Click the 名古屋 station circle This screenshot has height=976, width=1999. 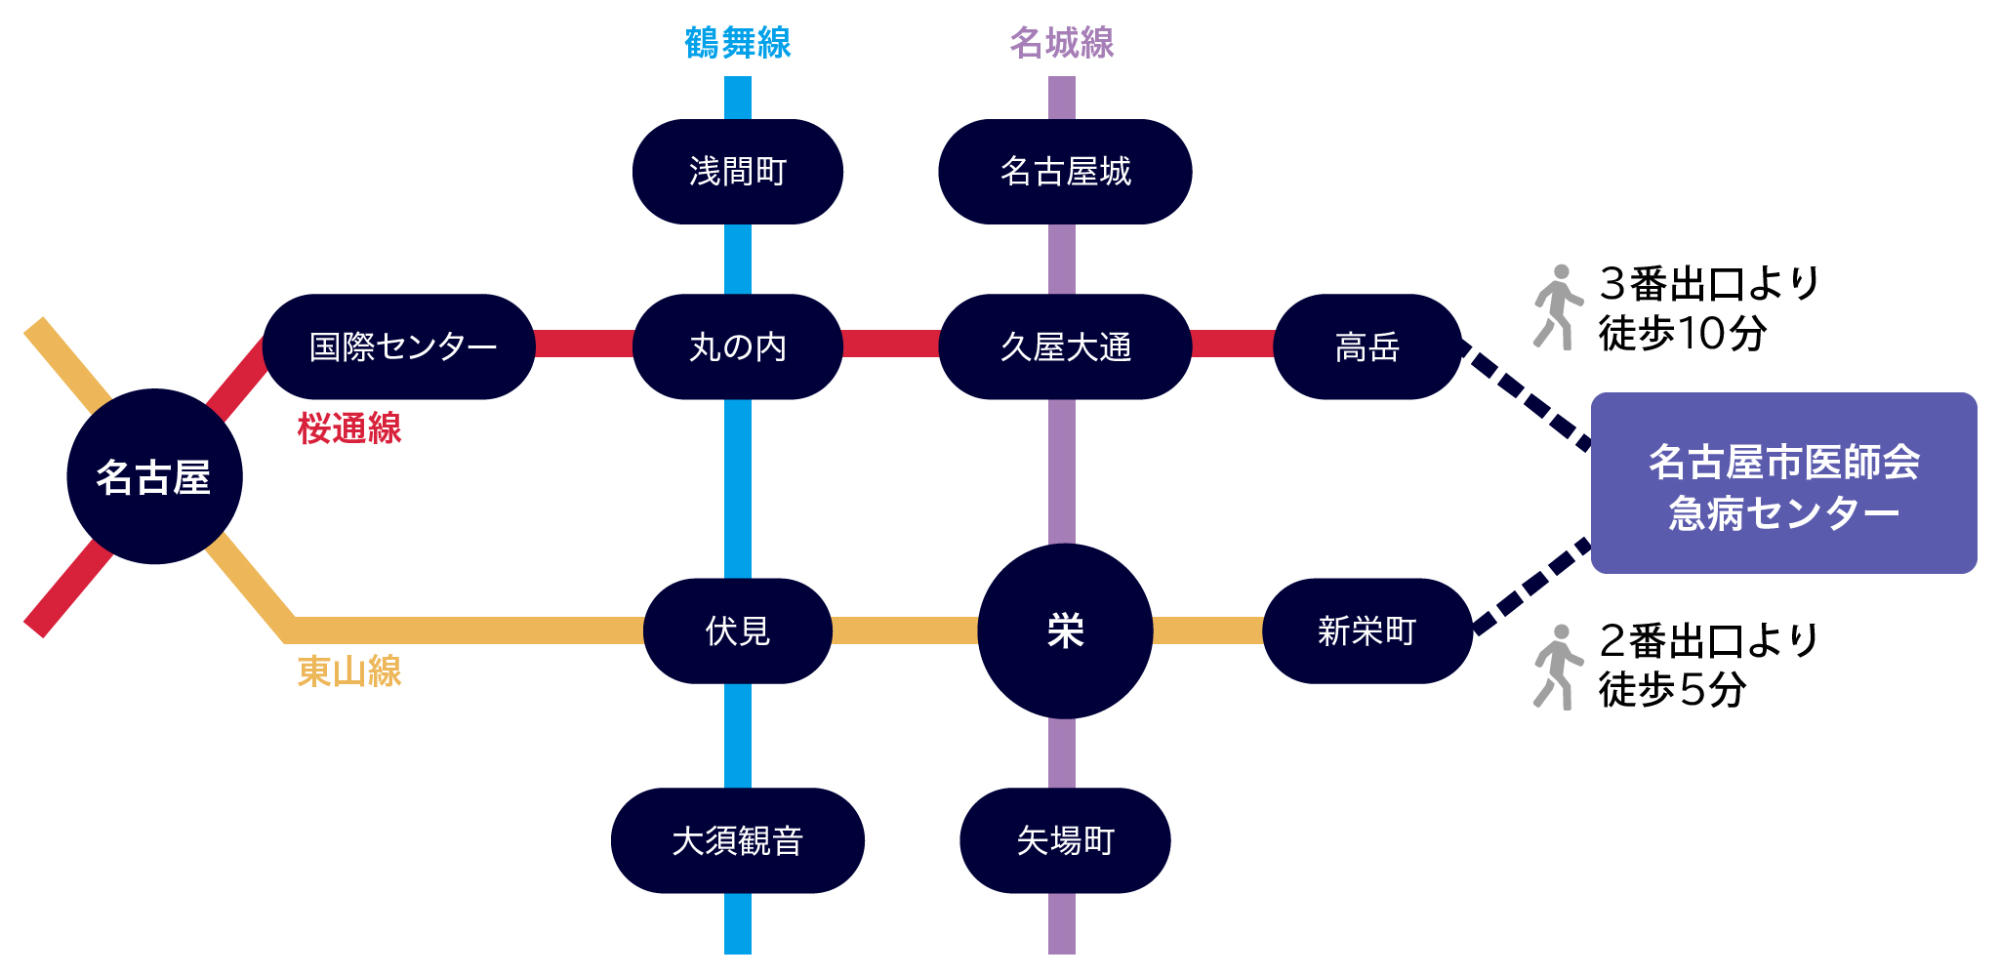(x=154, y=476)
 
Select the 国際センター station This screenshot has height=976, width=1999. (x=399, y=346)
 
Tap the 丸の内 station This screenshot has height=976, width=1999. (x=737, y=346)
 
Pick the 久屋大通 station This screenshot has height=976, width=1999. (x=1065, y=346)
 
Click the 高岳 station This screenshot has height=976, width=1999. (x=1367, y=346)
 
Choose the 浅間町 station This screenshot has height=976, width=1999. (x=737, y=172)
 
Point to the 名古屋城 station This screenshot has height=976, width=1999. (x=1065, y=172)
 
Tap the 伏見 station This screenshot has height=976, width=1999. (x=737, y=630)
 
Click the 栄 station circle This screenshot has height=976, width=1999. (x=1065, y=630)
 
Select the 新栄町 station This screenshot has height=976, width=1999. (x=1367, y=630)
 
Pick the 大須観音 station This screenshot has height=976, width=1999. (x=737, y=840)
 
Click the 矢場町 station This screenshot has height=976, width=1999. (x=1065, y=840)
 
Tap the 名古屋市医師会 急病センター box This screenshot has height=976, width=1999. (x=1783, y=483)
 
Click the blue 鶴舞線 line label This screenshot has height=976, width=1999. (x=737, y=43)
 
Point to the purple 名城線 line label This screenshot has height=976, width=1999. (x=1062, y=43)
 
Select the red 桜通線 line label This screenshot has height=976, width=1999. (x=349, y=428)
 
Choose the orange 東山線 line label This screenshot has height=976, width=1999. (x=349, y=671)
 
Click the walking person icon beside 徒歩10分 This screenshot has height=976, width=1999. (x=1557, y=306)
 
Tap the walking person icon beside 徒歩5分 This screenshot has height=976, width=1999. (x=1557, y=667)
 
